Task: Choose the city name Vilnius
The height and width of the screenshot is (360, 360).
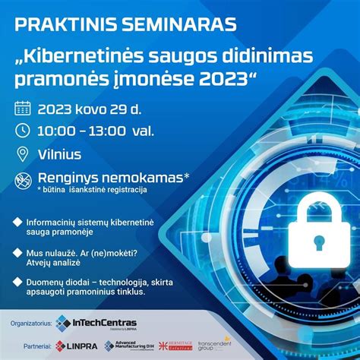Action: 61,154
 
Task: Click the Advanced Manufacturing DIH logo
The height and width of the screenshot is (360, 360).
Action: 134,346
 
